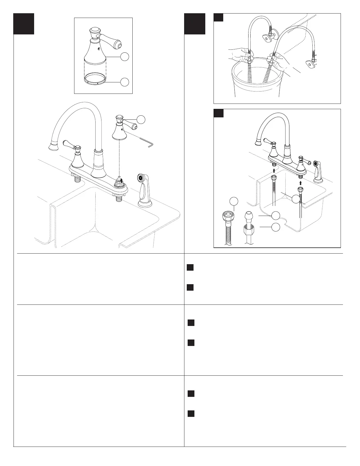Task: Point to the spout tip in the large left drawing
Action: point(53,146)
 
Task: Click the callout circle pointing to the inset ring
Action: point(125,82)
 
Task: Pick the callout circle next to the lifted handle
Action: point(141,119)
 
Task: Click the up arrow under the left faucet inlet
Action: point(274,170)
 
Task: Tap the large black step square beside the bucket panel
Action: point(195,24)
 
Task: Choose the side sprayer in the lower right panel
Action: point(318,172)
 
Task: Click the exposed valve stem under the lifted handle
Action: point(120,180)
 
